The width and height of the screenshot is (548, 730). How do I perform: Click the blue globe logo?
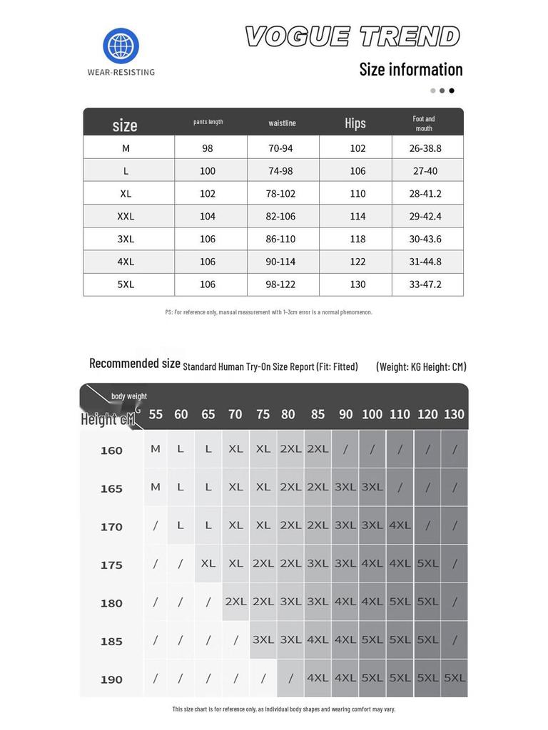(x=121, y=46)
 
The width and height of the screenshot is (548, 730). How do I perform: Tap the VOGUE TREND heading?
(x=352, y=36)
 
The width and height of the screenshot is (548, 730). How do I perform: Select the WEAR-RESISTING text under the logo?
(x=121, y=72)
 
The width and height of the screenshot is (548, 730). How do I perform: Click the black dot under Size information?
(x=452, y=91)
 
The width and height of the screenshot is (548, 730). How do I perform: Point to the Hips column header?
(x=355, y=123)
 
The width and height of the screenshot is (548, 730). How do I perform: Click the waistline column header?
(x=282, y=123)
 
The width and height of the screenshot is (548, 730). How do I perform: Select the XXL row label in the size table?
(x=126, y=216)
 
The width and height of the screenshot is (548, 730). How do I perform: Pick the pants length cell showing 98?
(x=208, y=148)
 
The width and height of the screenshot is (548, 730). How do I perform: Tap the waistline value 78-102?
(x=280, y=193)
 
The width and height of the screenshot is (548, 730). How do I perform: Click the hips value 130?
(x=358, y=284)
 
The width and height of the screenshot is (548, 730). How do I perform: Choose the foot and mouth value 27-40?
(x=425, y=171)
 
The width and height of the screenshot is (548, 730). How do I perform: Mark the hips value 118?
(x=358, y=239)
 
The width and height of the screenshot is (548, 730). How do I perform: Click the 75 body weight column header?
(x=263, y=414)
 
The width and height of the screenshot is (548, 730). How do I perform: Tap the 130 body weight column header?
(x=454, y=414)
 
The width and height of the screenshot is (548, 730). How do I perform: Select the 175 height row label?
(x=111, y=565)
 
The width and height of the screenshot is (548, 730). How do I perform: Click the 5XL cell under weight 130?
(x=455, y=678)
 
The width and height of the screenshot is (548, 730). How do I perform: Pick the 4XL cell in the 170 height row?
(x=400, y=525)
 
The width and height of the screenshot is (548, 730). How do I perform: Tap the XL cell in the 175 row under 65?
(x=208, y=563)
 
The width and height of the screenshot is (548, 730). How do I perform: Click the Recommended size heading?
(x=135, y=364)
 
